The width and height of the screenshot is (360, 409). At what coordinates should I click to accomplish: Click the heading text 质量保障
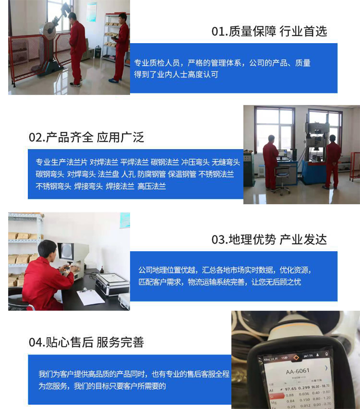pos(252,32)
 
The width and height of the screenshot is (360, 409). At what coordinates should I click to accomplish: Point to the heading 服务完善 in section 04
pos(120,342)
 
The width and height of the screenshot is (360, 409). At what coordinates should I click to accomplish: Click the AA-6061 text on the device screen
pos(298,371)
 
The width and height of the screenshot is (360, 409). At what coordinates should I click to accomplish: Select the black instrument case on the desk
pos(112,283)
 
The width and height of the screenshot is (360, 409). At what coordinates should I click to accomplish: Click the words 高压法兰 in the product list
pos(152,187)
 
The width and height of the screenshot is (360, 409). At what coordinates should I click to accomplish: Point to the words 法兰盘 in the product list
pos(108,174)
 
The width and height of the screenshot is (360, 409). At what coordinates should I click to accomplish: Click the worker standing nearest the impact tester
pos(76,48)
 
